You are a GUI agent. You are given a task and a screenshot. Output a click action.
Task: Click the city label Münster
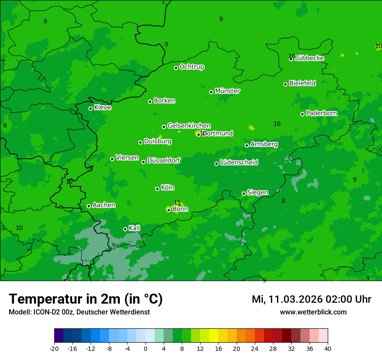click(x=227, y=91)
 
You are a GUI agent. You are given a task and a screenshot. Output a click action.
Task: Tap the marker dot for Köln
click(x=157, y=189)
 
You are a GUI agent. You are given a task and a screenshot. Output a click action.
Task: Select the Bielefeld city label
click(x=302, y=83)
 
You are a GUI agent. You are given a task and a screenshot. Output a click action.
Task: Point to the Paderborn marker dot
click(x=303, y=114)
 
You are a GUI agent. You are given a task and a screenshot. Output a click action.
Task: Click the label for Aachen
click(x=104, y=205)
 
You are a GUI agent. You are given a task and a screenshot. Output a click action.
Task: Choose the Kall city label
click(x=135, y=228)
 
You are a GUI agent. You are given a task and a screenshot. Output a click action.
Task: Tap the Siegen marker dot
click(x=244, y=193)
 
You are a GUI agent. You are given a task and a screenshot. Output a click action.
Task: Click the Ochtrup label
click(x=192, y=67)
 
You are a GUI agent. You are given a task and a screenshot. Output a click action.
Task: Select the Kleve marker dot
click(x=90, y=108)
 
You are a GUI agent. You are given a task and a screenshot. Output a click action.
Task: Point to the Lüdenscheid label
click(x=239, y=163)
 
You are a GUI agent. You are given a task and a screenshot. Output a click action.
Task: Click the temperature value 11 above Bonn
click(x=177, y=203)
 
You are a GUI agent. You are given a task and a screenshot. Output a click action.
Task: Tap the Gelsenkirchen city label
click(x=189, y=126)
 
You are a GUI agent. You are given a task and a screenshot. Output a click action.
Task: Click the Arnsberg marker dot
click(x=247, y=145)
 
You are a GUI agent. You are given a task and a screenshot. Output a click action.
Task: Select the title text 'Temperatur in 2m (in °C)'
click(x=86, y=299)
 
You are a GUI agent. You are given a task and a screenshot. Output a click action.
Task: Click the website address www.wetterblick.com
click(x=313, y=312)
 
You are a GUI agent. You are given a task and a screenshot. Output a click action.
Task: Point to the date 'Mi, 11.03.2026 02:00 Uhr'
click(x=311, y=299)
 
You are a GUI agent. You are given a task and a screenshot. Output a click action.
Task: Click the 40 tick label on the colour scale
click(x=328, y=349)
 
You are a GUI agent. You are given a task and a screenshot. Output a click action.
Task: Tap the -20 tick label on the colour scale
click(x=54, y=349)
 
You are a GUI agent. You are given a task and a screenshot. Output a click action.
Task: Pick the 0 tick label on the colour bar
click(x=145, y=349)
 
